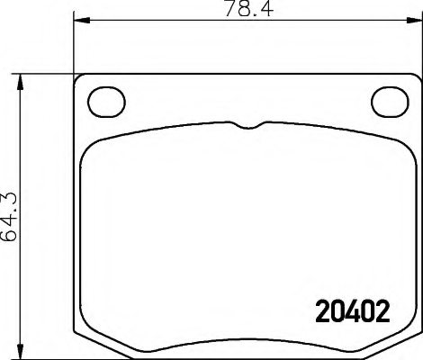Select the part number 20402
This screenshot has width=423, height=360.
pyautogui.click(x=349, y=312)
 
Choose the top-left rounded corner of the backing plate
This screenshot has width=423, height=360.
pyautogui.click(x=78, y=79)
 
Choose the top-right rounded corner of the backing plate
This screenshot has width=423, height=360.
pyautogui.click(x=415, y=79)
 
